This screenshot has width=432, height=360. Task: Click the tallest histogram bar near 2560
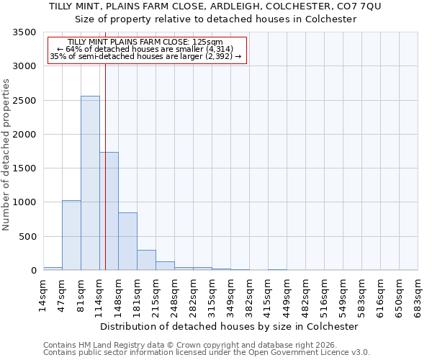pyautogui.click(x=90, y=183)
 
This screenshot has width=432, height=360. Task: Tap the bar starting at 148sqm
pyautogui.click(x=127, y=241)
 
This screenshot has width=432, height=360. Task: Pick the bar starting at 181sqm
pyautogui.click(x=146, y=260)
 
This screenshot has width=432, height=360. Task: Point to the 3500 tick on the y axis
pyautogui.click(x=26, y=33)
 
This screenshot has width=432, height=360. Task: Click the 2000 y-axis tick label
pyautogui.click(x=26, y=135)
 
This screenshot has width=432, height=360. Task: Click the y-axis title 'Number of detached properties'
pyautogui.click(x=7, y=155)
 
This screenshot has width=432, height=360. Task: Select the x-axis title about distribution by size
pyautogui.click(x=230, y=326)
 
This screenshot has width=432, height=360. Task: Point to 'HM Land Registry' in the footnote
pyautogui.click(x=109, y=345)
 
